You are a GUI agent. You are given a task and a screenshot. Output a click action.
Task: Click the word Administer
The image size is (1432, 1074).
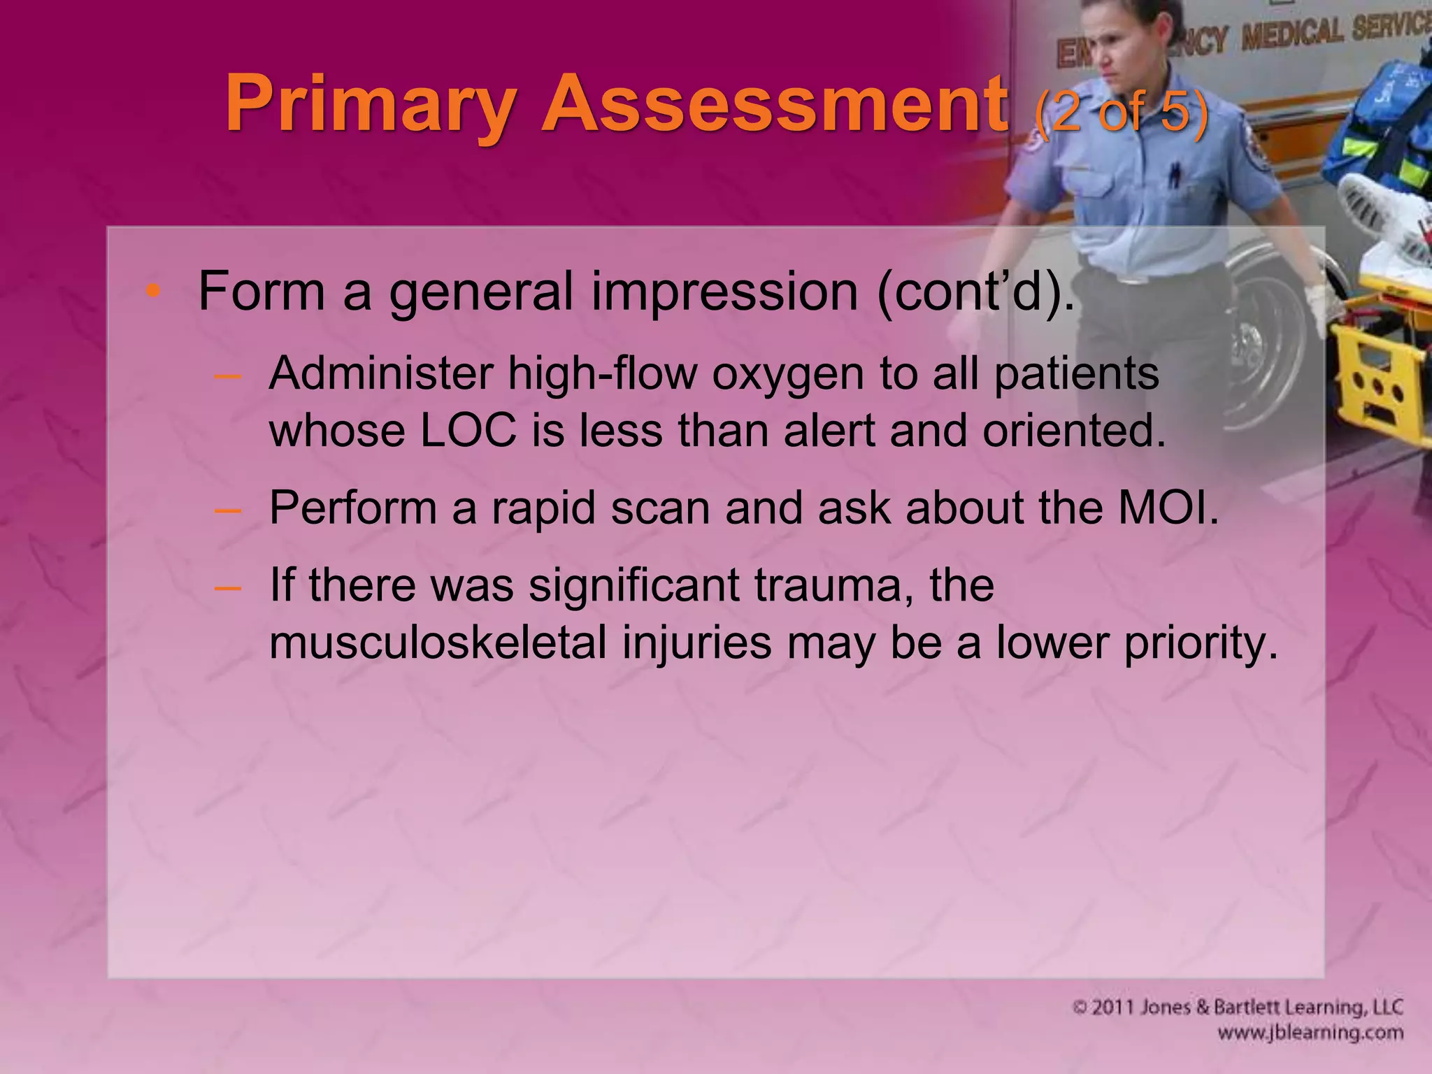coord(380,373)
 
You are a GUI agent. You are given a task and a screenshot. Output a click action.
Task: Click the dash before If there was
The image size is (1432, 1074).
coord(228,586)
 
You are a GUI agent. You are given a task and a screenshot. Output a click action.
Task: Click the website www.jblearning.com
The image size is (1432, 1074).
coord(1310,1032)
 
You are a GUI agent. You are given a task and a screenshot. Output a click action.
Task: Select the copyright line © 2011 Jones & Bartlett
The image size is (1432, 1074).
coord(1238,1008)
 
